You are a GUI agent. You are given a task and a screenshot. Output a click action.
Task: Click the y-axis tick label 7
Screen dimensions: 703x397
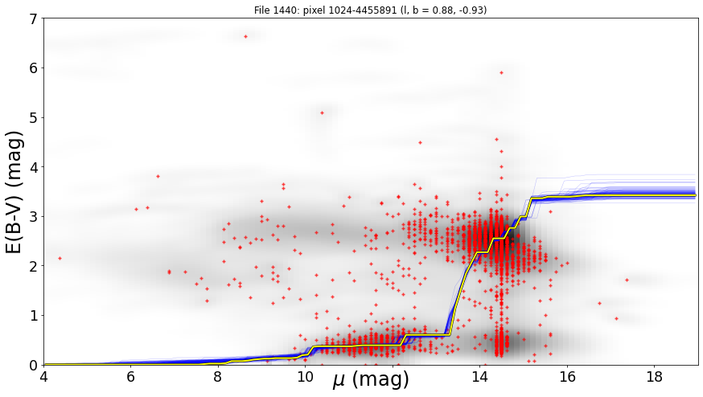pyautogui.click(x=34, y=18)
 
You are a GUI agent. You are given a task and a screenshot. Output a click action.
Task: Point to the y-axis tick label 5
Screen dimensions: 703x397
pyautogui.click(x=34, y=118)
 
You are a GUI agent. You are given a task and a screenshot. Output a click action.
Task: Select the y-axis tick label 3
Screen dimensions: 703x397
pyautogui.click(x=34, y=217)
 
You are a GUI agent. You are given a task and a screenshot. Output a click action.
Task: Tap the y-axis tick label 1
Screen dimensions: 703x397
pyautogui.click(x=34, y=316)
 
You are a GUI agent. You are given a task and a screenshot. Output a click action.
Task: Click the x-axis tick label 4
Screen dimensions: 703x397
pyautogui.click(x=44, y=377)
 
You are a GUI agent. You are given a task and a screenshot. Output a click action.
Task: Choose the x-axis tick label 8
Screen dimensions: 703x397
pyautogui.click(x=217, y=377)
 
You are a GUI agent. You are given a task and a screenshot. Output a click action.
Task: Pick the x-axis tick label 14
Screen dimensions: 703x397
pyautogui.click(x=479, y=377)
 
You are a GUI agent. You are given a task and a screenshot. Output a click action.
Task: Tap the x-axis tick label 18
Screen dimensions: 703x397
pyautogui.click(x=655, y=377)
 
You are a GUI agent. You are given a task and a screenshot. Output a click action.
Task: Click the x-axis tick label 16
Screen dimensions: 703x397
pyautogui.click(x=567, y=377)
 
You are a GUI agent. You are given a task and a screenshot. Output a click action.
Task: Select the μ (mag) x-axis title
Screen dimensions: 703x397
pyautogui.click(x=371, y=380)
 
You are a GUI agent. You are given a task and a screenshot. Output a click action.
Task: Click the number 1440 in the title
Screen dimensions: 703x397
pyautogui.click(x=282, y=10)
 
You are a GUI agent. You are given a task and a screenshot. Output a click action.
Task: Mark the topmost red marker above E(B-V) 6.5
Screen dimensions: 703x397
pyautogui.click(x=245, y=36)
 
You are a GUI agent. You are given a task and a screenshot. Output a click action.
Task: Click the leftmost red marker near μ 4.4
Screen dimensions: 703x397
pyautogui.click(x=60, y=258)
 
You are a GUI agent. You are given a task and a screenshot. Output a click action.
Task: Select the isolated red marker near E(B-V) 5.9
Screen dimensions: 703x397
pyautogui.click(x=501, y=72)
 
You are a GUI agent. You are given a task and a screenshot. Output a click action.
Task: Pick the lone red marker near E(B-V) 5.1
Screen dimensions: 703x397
pyautogui.click(x=322, y=113)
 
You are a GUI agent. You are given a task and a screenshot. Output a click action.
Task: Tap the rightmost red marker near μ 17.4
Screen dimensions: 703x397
pyautogui.click(x=627, y=280)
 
